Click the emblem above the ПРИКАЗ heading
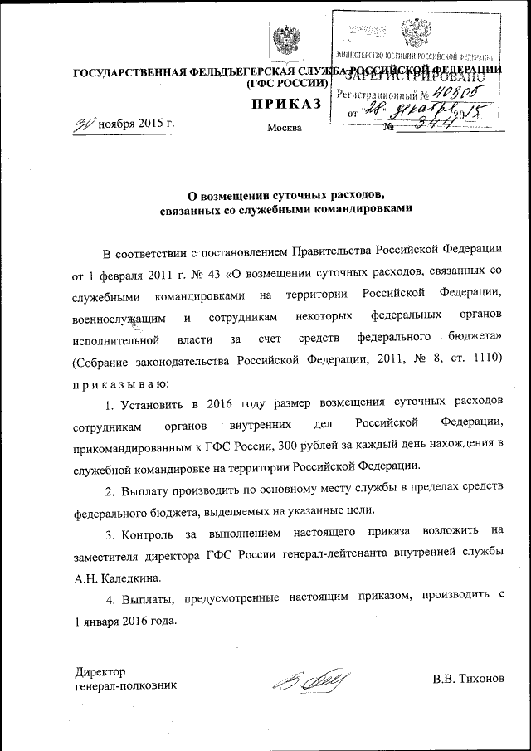click(285, 39)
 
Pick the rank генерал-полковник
click(125, 685)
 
